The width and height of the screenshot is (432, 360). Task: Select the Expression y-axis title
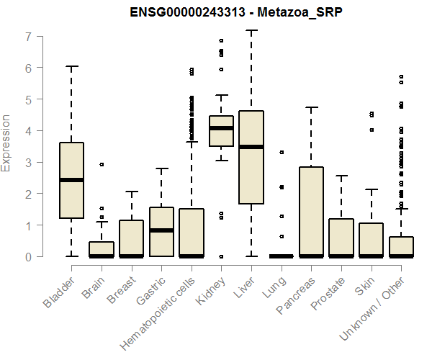[x=7, y=143]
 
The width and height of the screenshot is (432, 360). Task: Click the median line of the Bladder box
[x=71, y=180]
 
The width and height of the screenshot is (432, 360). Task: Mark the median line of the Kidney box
[x=221, y=128]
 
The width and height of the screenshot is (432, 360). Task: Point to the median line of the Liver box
[x=251, y=147]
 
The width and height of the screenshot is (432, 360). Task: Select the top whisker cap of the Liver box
[x=251, y=31]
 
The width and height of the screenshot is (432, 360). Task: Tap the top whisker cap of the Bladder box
[x=71, y=66]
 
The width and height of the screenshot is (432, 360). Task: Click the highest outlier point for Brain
[x=102, y=164]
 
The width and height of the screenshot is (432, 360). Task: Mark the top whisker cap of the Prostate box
[x=341, y=176]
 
